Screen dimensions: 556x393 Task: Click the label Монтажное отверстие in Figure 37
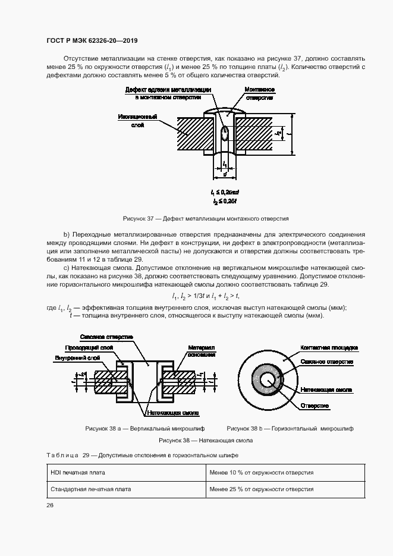(259, 93)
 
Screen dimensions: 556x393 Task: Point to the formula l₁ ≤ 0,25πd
(224, 193)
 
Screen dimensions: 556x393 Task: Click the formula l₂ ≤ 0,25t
(224, 203)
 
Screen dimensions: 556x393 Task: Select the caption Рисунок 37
(205, 218)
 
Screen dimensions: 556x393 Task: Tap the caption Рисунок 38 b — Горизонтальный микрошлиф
(290, 428)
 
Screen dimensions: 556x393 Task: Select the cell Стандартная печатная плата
(90, 489)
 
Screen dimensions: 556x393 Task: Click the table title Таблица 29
(142, 455)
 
